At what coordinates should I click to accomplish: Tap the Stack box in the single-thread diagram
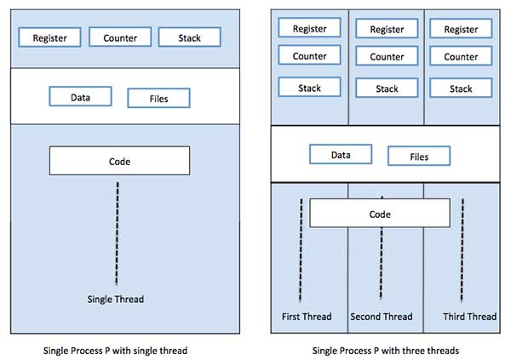coord(190,37)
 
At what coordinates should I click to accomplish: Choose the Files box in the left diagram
coord(158,98)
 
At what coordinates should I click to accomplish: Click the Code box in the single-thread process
coord(119,161)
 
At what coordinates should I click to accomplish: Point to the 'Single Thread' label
coord(117,299)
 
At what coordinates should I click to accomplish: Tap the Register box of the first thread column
coord(309,28)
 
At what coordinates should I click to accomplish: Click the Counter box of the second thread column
coord(387,57)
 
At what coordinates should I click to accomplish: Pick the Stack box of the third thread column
coord(461,89)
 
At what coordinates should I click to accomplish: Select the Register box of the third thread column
coord(461,29)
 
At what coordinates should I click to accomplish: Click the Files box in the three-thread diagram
coord(419,156)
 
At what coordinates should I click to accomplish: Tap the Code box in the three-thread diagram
coord(381,214)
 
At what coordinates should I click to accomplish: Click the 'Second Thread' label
coord(381,317)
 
